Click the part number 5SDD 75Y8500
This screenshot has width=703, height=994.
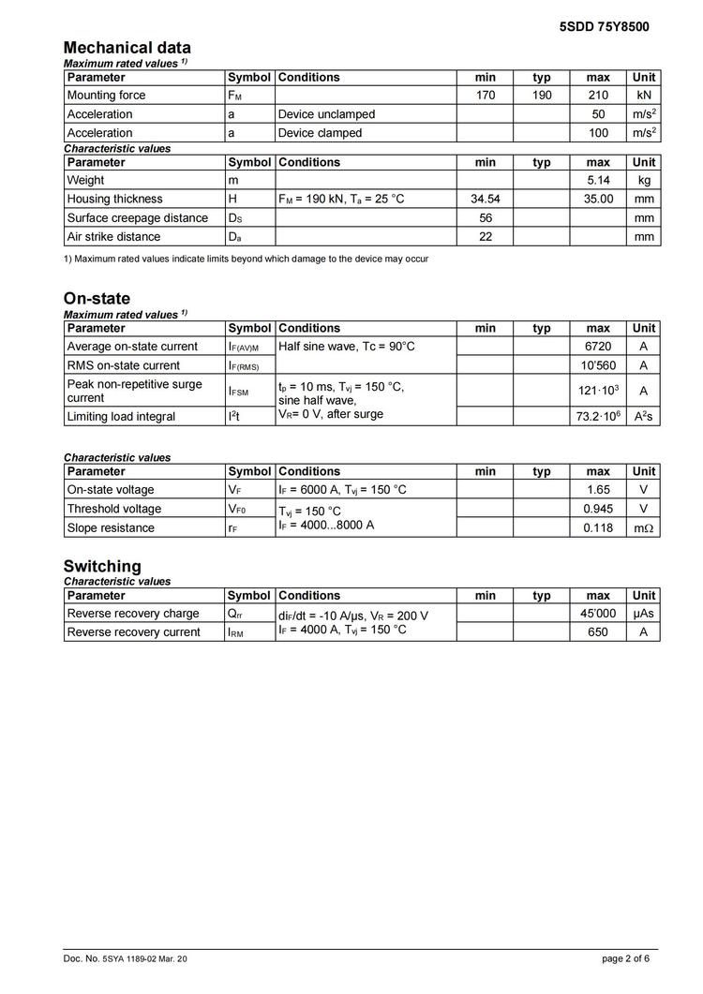[x=604, y=27]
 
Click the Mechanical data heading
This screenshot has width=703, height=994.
[x=127, y=48]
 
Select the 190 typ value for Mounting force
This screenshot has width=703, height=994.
[x=542, y=96]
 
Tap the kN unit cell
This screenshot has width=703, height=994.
[x=644, y=96]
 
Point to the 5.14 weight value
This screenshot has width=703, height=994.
[x=598, y=181]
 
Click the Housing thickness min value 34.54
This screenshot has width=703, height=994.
[x=485, y=200]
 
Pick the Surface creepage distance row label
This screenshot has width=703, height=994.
[x=138, y=218]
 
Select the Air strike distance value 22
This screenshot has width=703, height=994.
[x=485, y=237]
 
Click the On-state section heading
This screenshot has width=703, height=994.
[x=97, y=299]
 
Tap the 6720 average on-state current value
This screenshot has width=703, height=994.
[x=598, y=347]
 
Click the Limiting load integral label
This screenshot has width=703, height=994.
[x=121, y=417]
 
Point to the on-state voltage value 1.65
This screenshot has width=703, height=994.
[x=598, y=490]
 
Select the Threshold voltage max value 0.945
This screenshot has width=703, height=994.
[x=598, y=509]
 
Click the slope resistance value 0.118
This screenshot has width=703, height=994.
[x=598, y=527]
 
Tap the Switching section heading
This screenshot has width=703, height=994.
[x=102, y=566]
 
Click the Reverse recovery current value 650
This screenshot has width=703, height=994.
[x=598, y=632]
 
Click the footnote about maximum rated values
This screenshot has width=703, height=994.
[x=246, y=259]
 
